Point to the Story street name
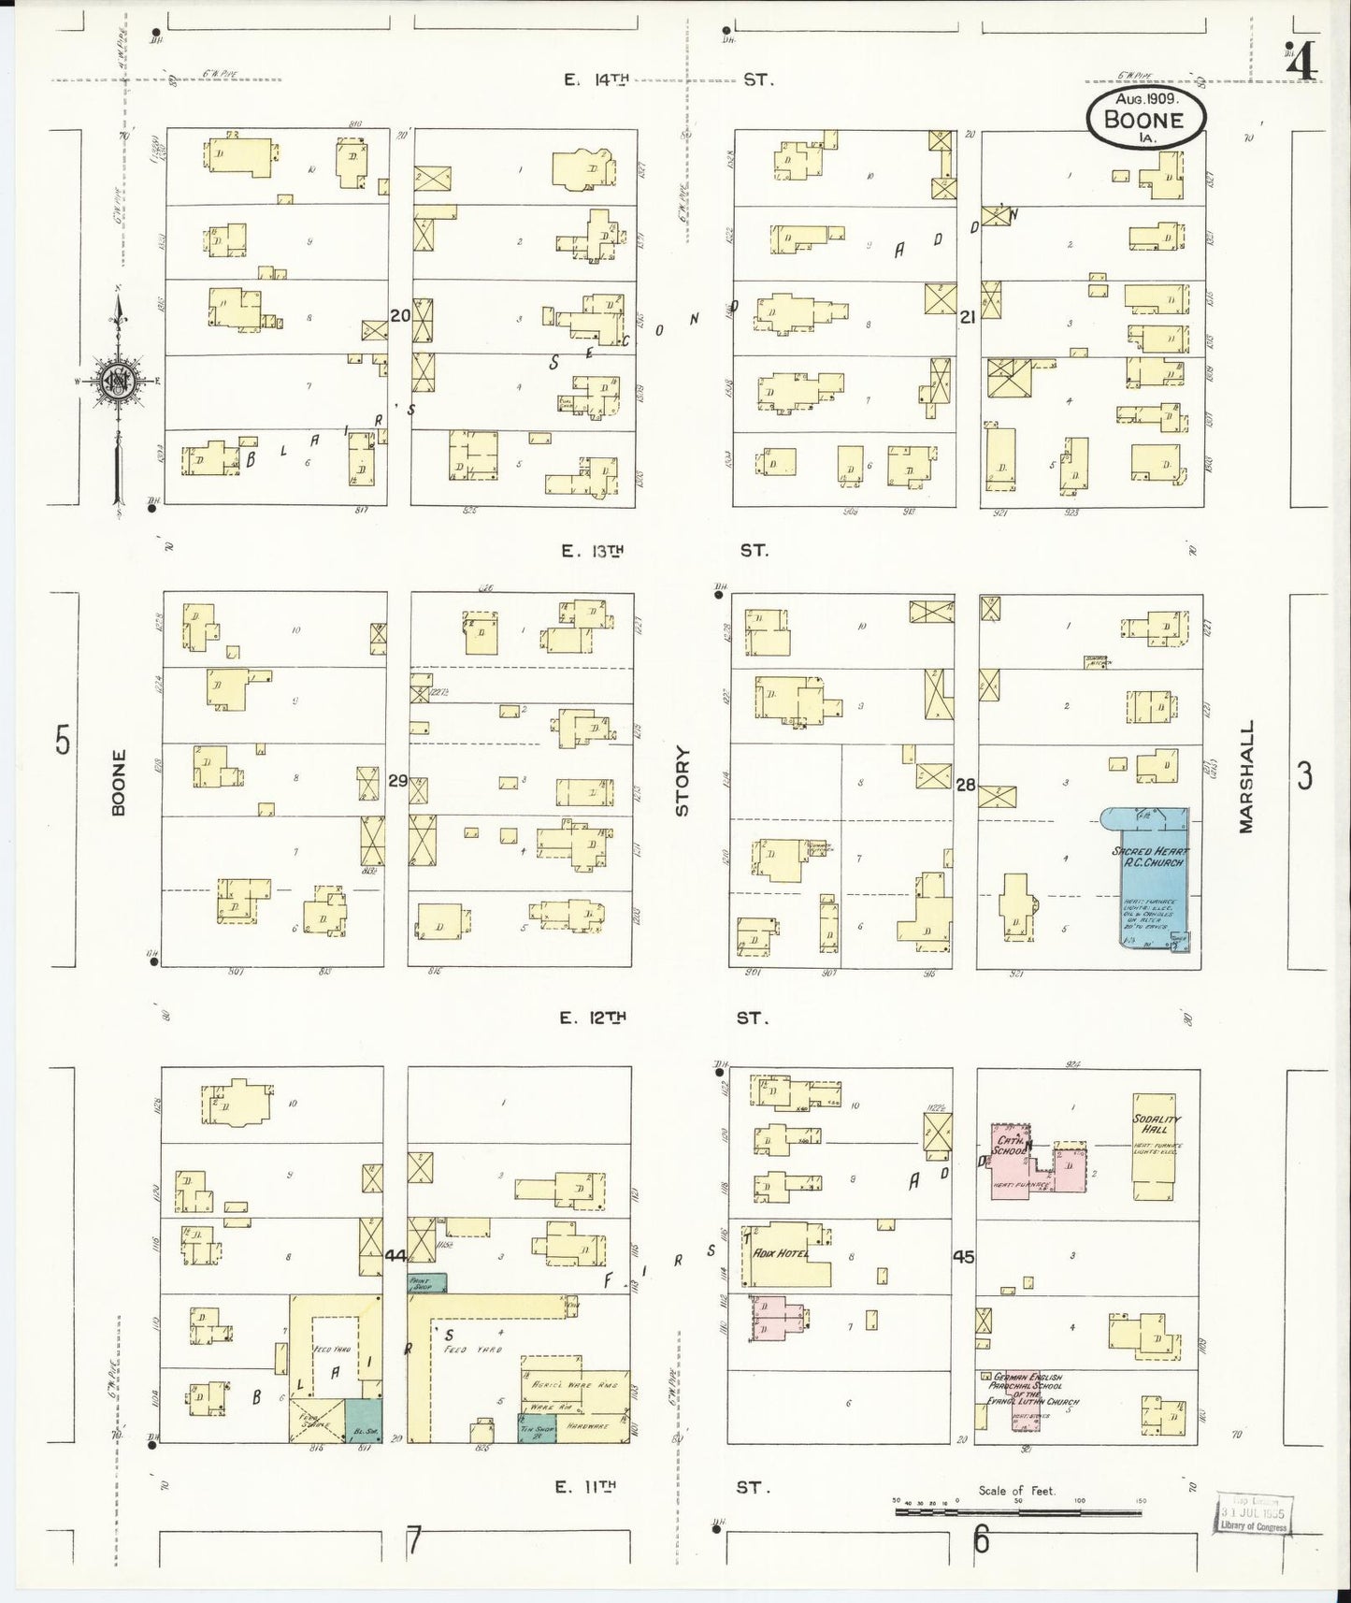click(682, 781)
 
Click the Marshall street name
click(1245, 776)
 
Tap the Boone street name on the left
click(118, 782)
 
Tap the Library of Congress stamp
click(1253, 1512)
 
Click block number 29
click(397, 780)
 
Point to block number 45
click(963, 1257)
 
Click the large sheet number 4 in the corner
click(1301, 64)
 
